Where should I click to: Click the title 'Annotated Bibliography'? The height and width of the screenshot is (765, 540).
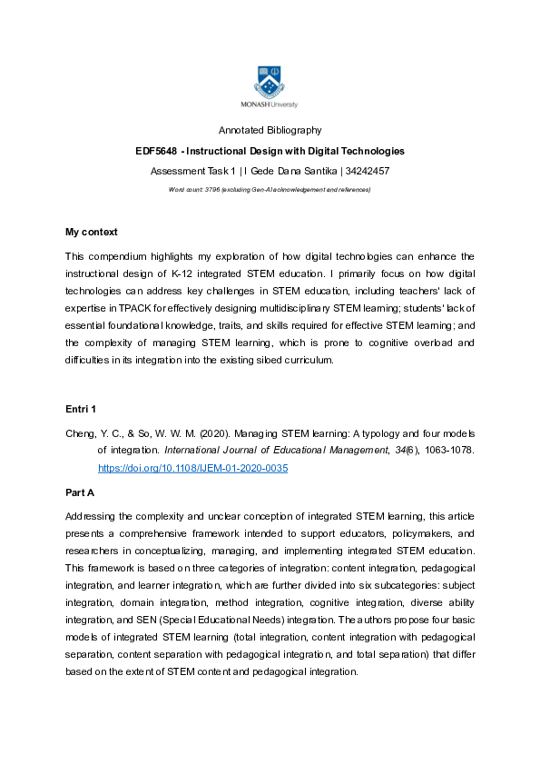click(270, 131)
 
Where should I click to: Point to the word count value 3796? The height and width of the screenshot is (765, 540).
click(213, 189)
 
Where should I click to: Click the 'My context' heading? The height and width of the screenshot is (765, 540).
click(92, 233)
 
